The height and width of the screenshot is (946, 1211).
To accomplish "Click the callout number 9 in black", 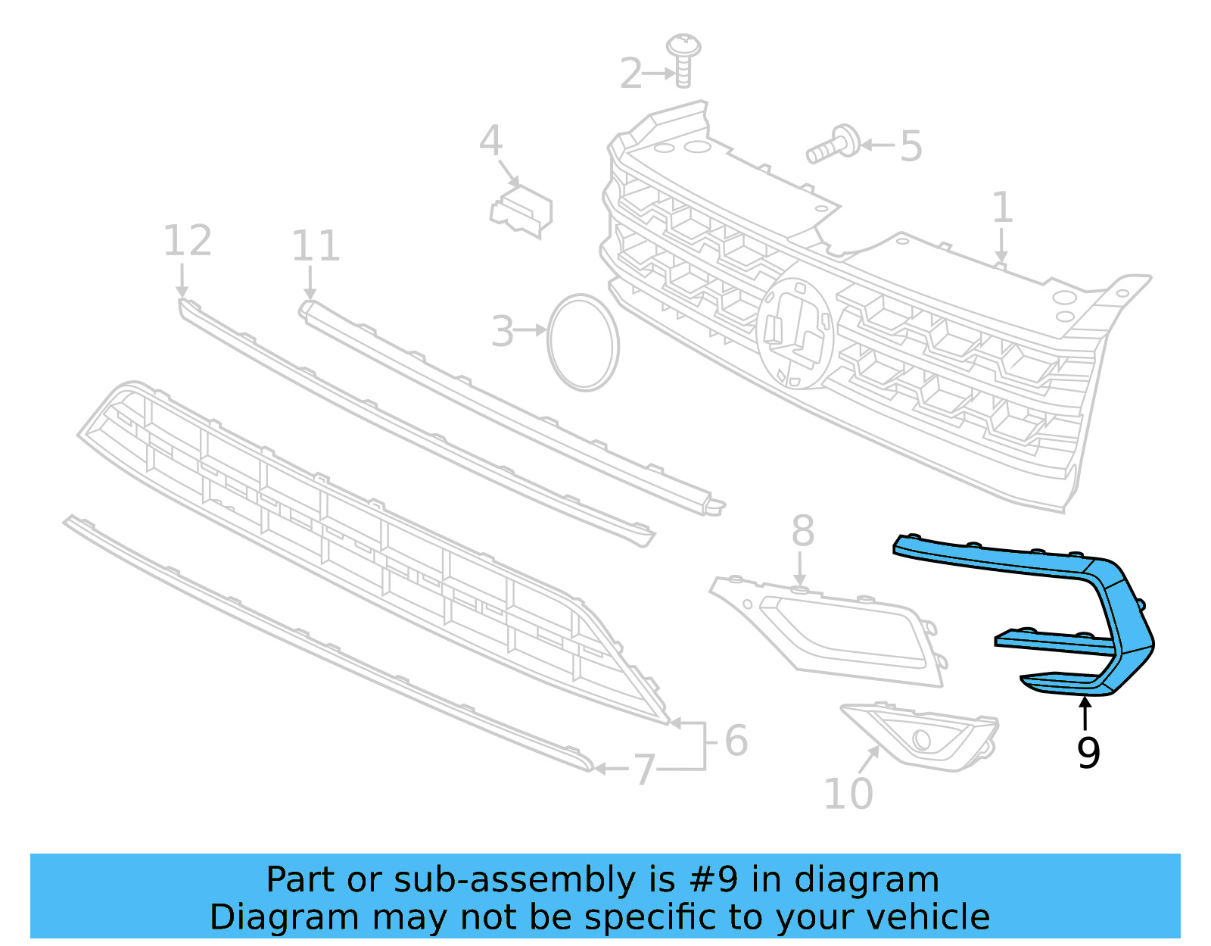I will click(x=1088, y=753).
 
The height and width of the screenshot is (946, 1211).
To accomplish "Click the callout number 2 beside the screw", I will click(x=630, y=73).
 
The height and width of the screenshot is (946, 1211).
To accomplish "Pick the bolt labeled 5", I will click(x=833, y=145).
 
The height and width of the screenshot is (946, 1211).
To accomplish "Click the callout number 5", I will click(x=911, y=146).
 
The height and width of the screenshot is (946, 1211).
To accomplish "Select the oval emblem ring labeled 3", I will click(x=583, y=343).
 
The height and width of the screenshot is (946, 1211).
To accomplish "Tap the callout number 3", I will click(x=503, y=332).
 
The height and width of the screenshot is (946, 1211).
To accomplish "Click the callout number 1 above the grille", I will click(x=1002, y=208).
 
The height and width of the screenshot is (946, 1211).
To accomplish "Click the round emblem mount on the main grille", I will click(x=795, y=333).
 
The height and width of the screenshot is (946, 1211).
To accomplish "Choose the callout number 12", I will click(x=187, y=241).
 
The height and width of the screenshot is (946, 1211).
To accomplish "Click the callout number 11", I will click(x=316, y=245).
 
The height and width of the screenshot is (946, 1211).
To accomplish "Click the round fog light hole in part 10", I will click(x=921, y=739).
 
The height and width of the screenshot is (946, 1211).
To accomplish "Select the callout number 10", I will click(x=848, y=794).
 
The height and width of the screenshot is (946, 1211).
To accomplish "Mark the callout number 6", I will click(x=736, y=741).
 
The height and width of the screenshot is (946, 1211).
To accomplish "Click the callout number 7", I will click(x=643, y=770).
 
